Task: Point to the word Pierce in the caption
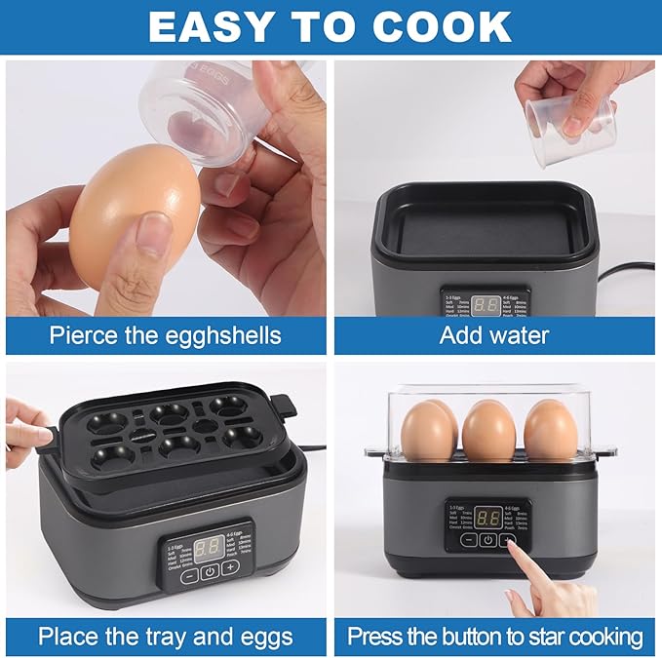pos(88,336)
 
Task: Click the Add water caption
pos(494,336)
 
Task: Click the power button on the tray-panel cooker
pos(209,571)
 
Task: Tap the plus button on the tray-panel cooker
pos(230,566)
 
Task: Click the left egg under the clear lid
pos(429,430)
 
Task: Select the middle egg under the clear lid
pos(488,430)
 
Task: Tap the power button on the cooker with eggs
pos(487,540)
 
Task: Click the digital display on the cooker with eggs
pos(488,518)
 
